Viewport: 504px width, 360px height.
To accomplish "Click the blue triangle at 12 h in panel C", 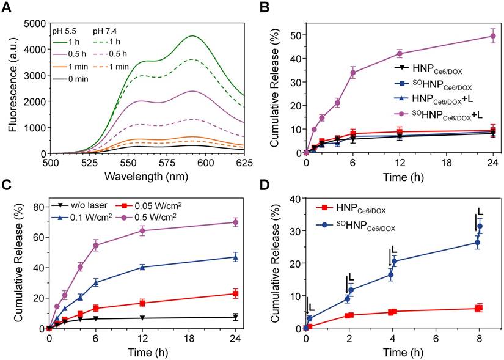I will [142, 267].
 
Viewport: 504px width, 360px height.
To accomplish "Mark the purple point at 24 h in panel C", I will [235, 222].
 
